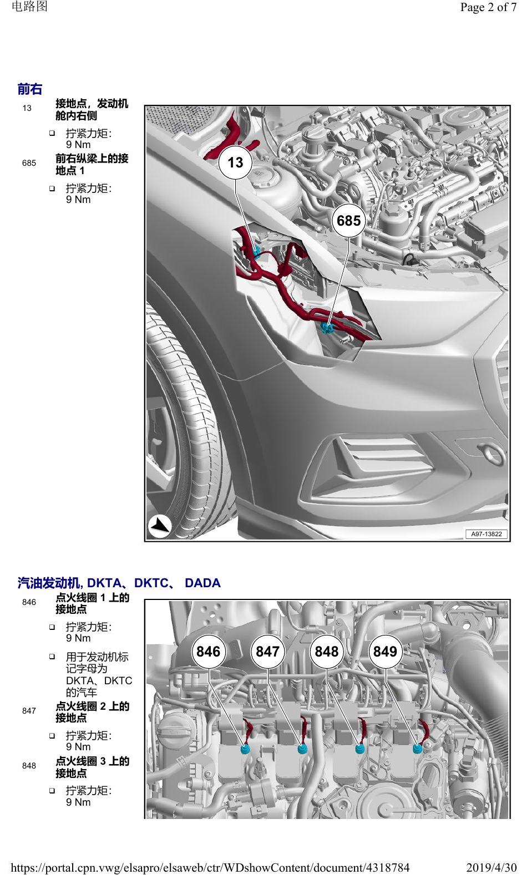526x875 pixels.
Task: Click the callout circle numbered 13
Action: (x=235, y=162)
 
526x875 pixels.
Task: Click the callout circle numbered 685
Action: (x=348, y=221)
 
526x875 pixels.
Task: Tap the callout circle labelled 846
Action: (x=208, y=652)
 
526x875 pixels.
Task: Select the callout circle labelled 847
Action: (x=267, y=652)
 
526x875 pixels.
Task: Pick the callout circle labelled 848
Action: (x=326, y=652)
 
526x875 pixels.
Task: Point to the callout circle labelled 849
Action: (x=385, y=652)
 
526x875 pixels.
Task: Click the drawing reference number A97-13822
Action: (x=486, y=534)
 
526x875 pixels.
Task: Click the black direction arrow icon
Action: (x=159, y=526)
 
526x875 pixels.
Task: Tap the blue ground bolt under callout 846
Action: (x=245, y=749)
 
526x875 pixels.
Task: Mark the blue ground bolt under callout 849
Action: (x=417, y=749)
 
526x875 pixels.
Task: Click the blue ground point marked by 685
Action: (x=327, y=328)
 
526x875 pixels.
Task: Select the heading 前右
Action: (x=30, y=89)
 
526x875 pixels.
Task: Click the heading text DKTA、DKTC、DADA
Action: (x=154, y=583)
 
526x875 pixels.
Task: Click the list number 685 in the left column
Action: (x=29, y=163)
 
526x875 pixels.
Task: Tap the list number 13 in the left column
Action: (x=27, y=108)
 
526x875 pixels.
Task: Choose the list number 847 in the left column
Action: (x=29, y=711)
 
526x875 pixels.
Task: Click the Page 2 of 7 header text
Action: (x=488, y=7)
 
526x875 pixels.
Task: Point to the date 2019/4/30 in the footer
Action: (x=492, y=868)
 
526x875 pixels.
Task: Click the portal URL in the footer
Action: (x=210, y=868)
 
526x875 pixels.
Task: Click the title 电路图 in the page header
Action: (x=30, y=6)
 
